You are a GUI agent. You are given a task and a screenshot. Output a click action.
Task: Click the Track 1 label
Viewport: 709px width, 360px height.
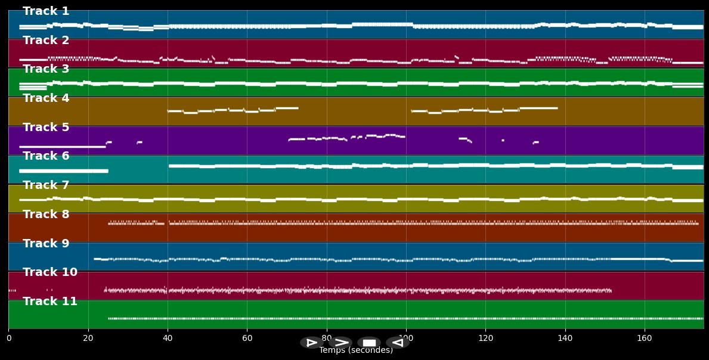tap(46, 11)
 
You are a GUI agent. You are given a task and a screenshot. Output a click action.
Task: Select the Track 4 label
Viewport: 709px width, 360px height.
tap(46, 98)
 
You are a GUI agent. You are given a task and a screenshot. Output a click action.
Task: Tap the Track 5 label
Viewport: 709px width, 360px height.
tap(46, 128)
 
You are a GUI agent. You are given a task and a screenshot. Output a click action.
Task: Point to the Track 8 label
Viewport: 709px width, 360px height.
tap(46, 215)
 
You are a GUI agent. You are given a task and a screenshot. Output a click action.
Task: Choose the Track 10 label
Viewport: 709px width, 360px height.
tap(50, 272)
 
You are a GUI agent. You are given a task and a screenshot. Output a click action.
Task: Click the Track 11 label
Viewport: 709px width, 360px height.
tap(50, 302)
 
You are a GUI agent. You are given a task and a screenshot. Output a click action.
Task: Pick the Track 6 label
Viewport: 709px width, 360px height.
tap(46, 156)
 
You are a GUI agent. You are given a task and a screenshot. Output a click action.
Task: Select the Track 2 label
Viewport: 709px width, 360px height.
tap(46, 41)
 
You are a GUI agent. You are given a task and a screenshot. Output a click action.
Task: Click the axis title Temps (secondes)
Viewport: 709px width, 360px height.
tap(356, 350)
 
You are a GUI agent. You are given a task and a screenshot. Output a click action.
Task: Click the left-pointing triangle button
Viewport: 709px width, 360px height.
tap(397, 343)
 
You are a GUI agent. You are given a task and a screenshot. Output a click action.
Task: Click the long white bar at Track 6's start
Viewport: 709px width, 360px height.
tap(64, 171)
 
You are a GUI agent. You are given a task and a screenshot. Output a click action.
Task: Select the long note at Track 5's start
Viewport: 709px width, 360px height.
tap(62, 147)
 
